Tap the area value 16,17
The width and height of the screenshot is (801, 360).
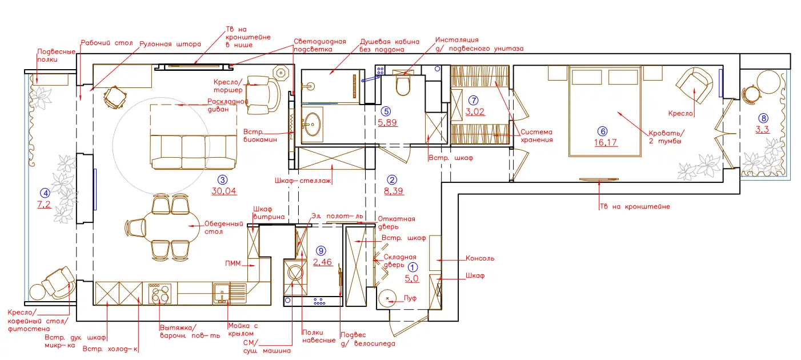pos(606,143)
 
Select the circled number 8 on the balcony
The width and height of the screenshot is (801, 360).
pos(763,118)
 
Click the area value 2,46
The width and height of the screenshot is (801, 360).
pos(323,262)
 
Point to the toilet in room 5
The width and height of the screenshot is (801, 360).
pos(403,86)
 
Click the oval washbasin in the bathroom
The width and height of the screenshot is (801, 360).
pos(313,125)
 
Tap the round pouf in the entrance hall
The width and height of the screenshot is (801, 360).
pos(387,298)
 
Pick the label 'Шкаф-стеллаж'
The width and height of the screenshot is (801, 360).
pos(303,181)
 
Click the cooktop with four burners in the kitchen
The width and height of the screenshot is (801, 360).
pos(160,294)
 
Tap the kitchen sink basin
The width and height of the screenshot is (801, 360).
pos(222,294)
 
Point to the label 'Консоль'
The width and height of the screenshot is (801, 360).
pos(480,258)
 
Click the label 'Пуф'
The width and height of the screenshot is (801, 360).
pos(410,298)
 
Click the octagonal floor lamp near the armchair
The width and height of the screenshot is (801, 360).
pos(281,73)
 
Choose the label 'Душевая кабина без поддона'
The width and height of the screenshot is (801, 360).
pos(390,45)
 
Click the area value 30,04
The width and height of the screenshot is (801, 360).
pos(224,191)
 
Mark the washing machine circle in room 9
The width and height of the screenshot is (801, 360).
pos(295,274)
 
